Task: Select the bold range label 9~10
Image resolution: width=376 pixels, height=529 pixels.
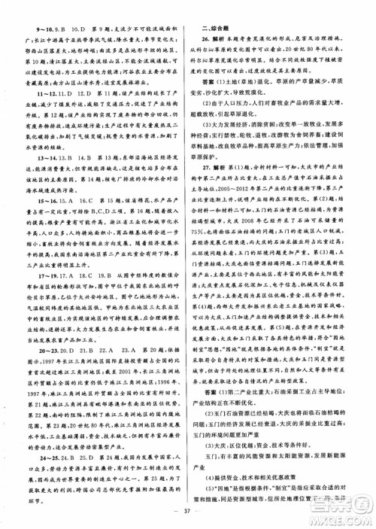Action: point(35,12)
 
